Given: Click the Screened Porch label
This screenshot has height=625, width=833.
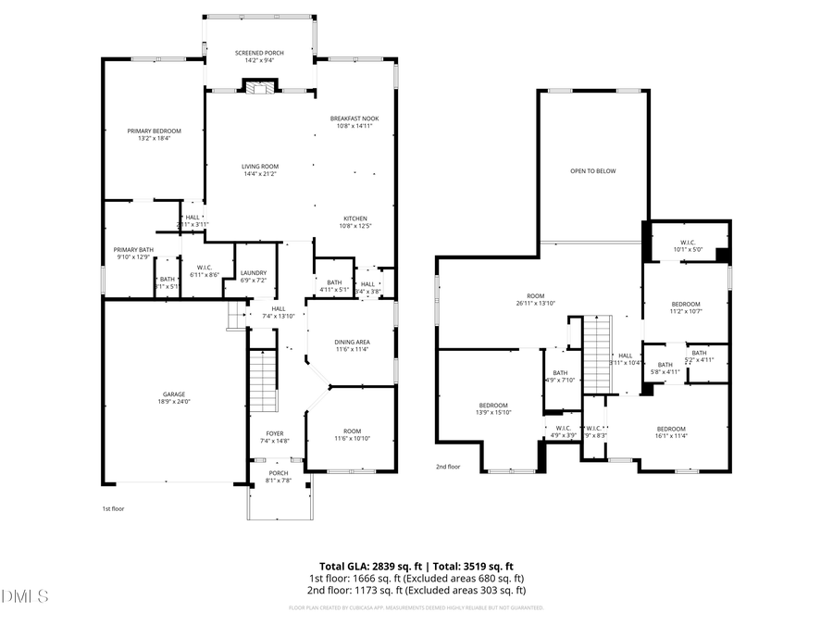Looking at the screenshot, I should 259,54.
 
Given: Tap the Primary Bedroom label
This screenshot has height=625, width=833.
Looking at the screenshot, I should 155,131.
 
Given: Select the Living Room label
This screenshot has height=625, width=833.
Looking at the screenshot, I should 260,167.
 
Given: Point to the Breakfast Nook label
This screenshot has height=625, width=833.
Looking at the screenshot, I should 354,119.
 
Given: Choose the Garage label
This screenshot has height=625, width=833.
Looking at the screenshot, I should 174,394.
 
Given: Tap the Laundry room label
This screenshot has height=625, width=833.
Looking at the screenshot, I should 253,272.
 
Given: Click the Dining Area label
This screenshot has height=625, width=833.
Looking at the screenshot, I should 352,343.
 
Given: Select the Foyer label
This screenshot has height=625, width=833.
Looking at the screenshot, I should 275,433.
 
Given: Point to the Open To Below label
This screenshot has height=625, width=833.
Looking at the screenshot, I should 592,171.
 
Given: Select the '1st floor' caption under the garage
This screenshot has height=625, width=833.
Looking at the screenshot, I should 112,508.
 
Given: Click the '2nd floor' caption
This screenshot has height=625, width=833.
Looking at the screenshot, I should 448,467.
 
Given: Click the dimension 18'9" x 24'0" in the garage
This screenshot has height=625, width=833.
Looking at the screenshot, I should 174,402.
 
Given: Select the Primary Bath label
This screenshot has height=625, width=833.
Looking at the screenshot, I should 133,249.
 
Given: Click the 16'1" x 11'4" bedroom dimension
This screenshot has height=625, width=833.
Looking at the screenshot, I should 671,436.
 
